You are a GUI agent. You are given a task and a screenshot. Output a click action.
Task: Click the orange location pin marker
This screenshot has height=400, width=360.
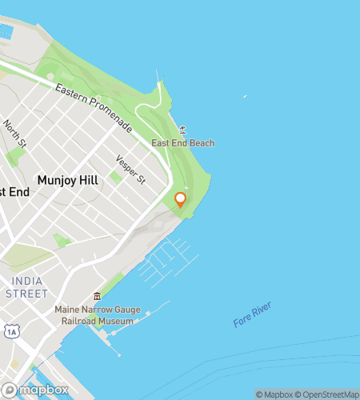point(181,199)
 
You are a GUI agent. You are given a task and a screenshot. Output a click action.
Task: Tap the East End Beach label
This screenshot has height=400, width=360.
point(183,143)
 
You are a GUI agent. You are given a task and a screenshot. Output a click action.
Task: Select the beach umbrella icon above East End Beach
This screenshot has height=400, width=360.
point(183,130)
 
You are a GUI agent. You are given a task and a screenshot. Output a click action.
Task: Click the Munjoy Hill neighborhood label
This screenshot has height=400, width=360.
point(67,181)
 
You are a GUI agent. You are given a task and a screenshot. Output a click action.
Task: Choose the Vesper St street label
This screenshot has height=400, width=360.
point(130,169)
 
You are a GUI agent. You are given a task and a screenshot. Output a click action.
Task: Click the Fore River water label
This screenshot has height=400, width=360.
point(253,314)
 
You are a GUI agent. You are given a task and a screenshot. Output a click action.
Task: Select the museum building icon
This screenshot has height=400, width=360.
point(98,296)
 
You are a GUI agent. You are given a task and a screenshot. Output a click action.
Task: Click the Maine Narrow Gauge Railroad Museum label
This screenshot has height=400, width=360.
point(94,314)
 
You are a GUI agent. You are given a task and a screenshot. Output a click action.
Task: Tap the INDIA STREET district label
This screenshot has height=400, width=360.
point(26,287)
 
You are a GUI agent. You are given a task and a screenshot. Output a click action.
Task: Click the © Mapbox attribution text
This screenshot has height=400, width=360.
point(274,394)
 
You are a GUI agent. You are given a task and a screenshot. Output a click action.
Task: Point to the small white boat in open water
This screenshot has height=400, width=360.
point(245,98)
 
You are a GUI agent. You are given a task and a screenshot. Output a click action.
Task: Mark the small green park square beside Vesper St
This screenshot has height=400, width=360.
point(118,177)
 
